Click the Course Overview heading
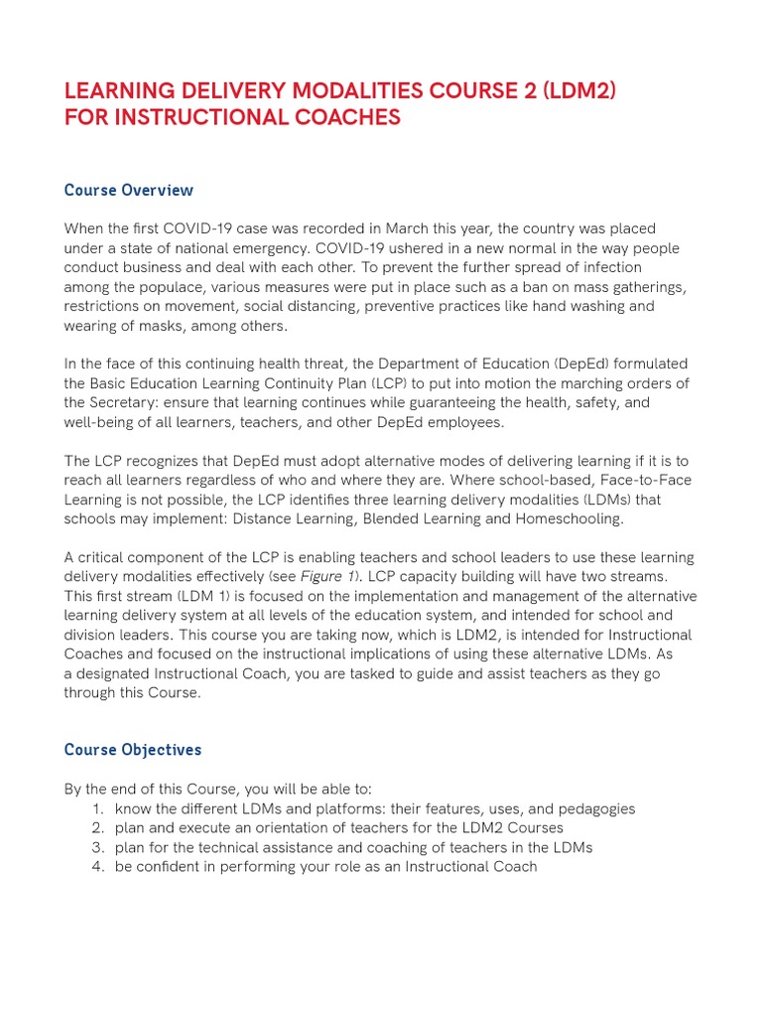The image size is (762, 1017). pos(129,190)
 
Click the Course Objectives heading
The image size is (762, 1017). pos(133,750)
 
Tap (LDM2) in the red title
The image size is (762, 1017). pos(579,91)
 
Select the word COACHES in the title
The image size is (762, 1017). pos(343,117)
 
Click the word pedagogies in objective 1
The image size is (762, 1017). pos(596,809)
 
